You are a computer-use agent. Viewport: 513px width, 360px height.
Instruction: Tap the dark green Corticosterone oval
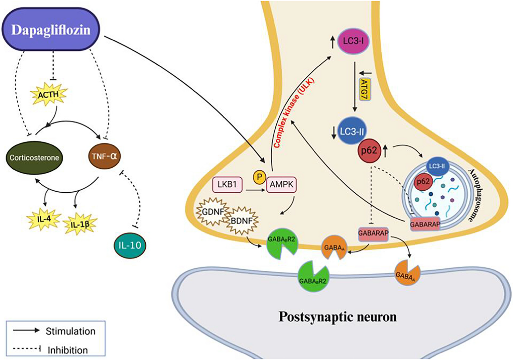click(34, 158)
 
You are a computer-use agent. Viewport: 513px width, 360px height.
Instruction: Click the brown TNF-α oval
click(104, 156)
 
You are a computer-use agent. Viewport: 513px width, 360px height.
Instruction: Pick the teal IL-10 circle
click(130, 245)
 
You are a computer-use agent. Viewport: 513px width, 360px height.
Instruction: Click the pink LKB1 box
click(227, 184)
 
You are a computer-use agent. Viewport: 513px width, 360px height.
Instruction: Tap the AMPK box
click(281, 184)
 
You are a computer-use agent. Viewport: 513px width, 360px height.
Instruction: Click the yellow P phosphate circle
click(259, 177)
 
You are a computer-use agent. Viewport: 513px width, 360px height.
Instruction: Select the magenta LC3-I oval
click(353, 41)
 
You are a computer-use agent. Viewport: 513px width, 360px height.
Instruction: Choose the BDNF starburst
click(241, 221)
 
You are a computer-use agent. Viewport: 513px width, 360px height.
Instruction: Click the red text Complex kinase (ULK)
click(294, 113)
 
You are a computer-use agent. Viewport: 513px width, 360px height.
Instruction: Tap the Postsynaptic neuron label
click(338, 317)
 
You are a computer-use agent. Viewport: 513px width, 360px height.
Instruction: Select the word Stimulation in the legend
click(70, 331)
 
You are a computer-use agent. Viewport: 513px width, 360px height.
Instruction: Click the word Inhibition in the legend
click(68, 350)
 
